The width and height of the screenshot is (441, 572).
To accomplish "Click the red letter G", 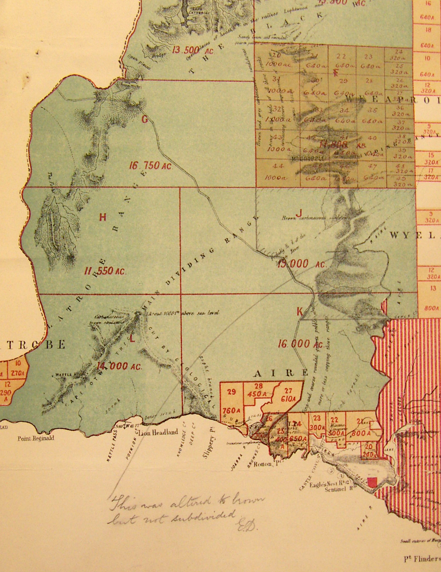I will coord(145,120).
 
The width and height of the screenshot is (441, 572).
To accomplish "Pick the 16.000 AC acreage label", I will coord(300,344).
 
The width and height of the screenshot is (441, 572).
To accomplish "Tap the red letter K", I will coord(300,311).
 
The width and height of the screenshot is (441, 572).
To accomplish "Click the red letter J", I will coord(299,213).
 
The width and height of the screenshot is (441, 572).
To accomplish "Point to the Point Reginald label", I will coord(36,438).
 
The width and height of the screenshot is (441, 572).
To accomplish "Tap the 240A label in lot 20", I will coord(369,453).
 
